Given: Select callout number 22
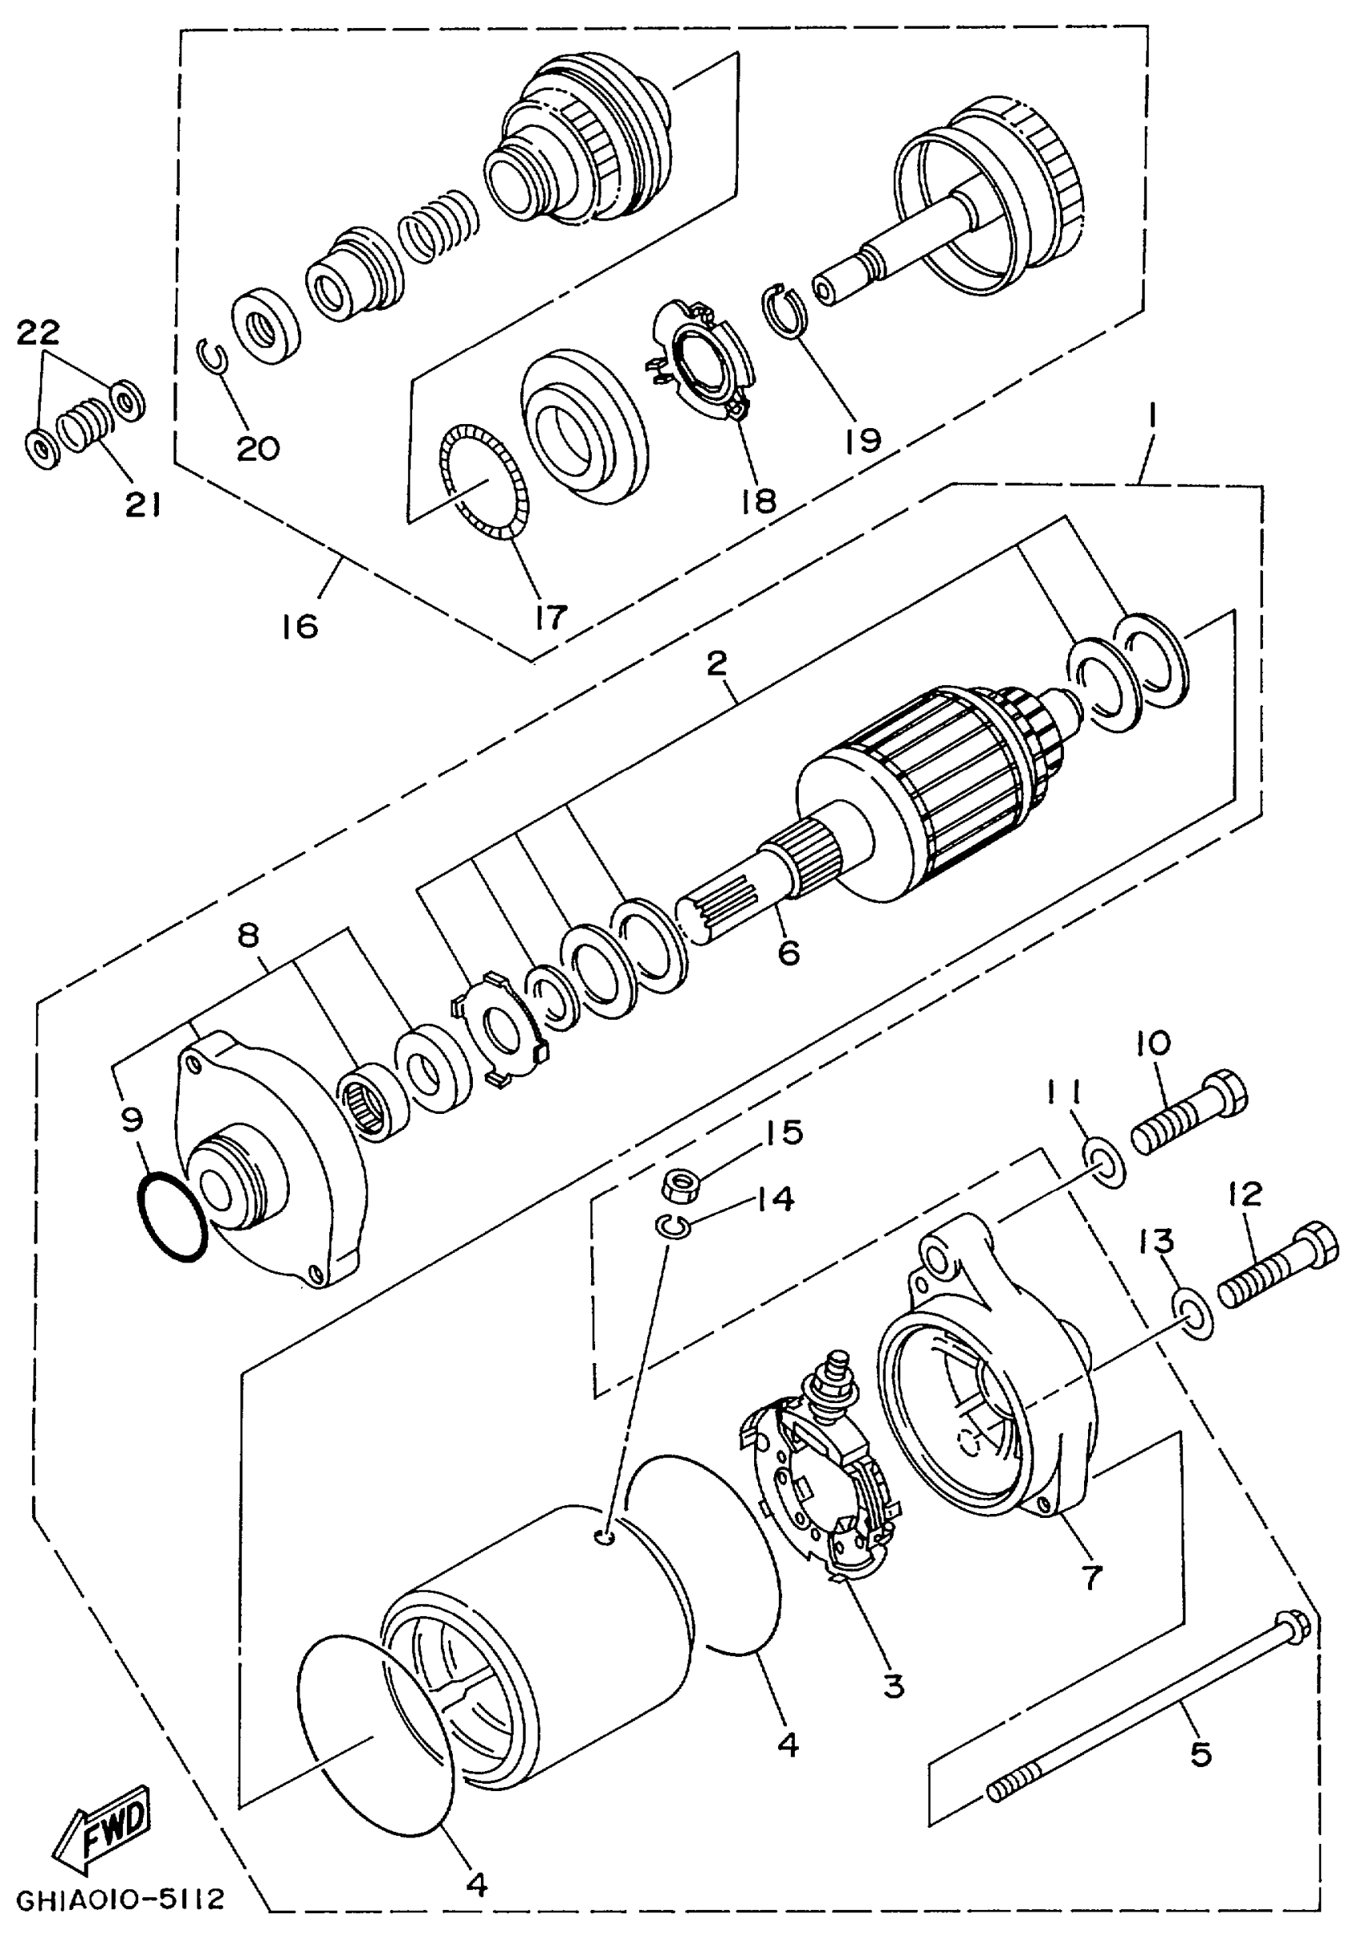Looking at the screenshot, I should point(38,333).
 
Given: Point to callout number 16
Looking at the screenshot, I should point(300,626).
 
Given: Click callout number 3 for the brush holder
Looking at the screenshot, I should point(893,1685).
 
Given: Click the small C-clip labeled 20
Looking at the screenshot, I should point(213,357).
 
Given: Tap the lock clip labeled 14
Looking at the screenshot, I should point(673,1228).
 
